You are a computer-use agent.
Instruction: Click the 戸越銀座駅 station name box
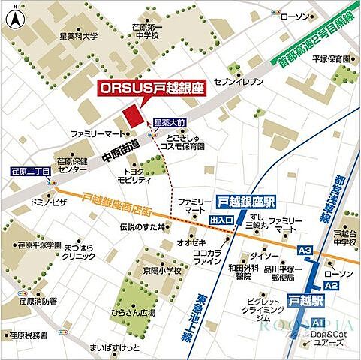click(x=245, y=202)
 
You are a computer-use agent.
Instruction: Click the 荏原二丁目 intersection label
click(x=31, y=172)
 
